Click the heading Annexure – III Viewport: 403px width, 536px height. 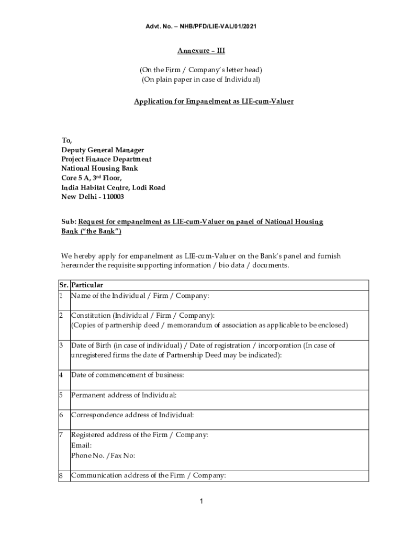click(x=201, y=51)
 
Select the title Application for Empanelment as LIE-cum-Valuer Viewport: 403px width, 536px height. click(x=214, y=101)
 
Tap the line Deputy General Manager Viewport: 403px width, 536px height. click(x=103, y=150)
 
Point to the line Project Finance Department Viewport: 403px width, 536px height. click(x=106, y=159)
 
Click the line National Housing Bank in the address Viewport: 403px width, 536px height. click(x=99, y=169)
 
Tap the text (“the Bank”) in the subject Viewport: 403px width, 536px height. click(x=99, y=231)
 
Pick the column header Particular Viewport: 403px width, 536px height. click(x=87, y=285)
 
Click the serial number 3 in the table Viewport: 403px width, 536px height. click(x=61, y=345)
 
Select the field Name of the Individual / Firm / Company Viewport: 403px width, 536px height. click(x=140, y=296)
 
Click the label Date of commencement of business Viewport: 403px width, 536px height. click(x=127, y=375)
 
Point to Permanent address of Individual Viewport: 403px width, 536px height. click(x=124, y=395)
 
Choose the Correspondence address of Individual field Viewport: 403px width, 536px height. click(x=132, y=415)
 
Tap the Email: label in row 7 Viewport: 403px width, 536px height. click(x=81, y=445)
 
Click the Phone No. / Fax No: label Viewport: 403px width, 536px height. click(x=103, y=455)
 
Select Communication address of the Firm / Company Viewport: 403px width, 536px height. click(x=148, y=476)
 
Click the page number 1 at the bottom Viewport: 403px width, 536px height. click(x=201, y=501)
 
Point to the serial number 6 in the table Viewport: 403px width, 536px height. click(x=61, y=415)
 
